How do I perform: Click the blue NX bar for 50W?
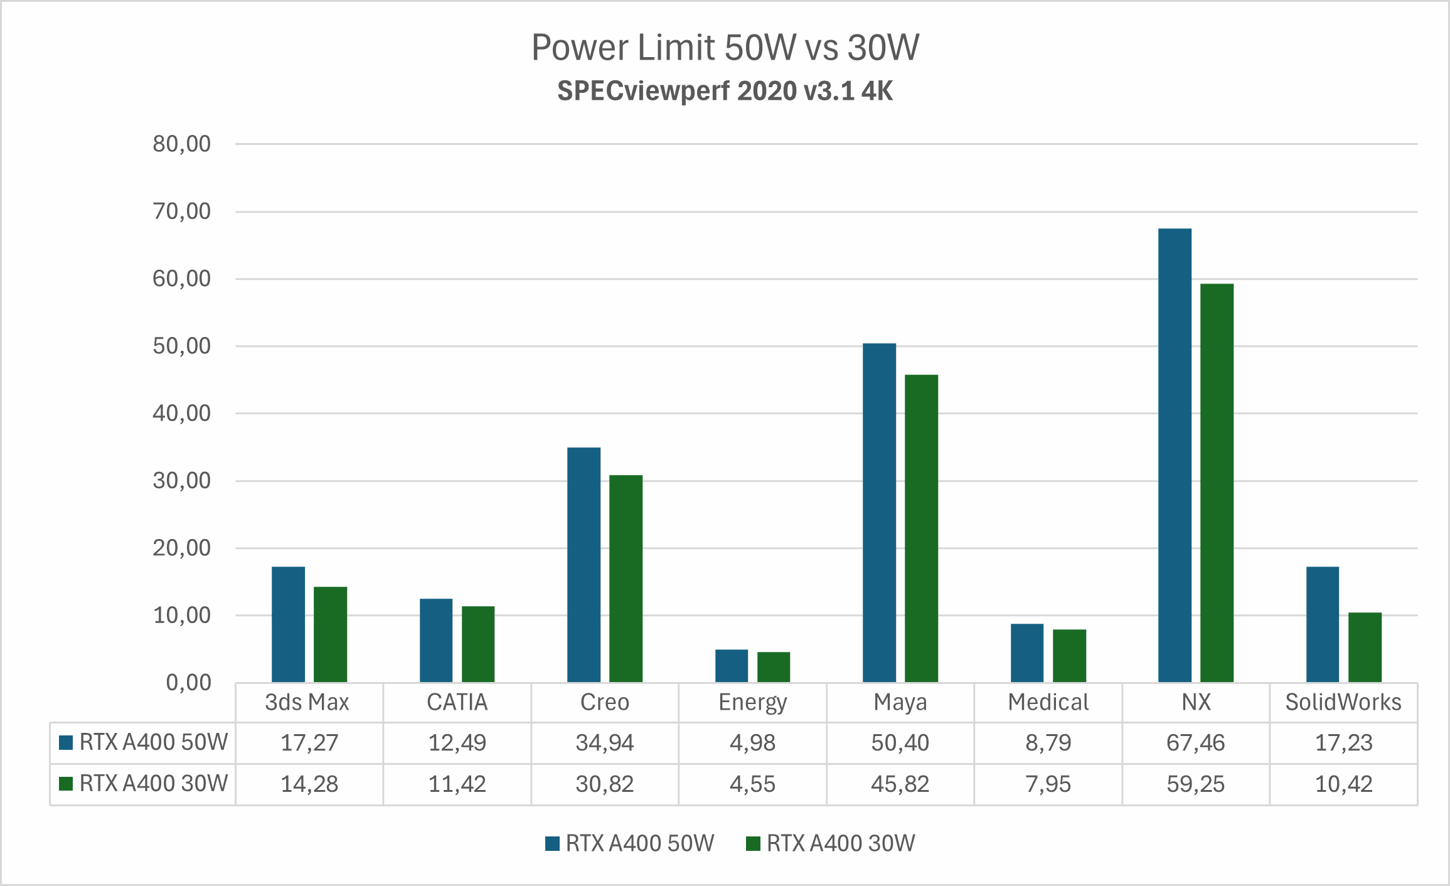coord(1175,455)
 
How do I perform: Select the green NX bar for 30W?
coord(1217,483)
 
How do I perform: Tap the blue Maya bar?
coord(879,512)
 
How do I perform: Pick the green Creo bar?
coord(626,578)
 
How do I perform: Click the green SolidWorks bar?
coord(1365,647)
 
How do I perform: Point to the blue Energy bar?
coord(732,665)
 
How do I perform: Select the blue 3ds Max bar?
coord(288,624)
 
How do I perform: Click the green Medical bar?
coord(1069,655)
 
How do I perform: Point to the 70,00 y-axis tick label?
coord(182,211)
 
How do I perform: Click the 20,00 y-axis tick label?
coord(182,548)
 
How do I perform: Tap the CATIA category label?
coord(457,702)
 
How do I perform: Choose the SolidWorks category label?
coord(1343,702)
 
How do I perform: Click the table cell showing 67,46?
coord(1195,743)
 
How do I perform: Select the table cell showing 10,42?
coord(1343,784)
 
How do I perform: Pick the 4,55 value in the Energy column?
coord(752,784)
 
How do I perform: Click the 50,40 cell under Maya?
coord(900,743)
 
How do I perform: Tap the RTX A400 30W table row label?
coord(152,784)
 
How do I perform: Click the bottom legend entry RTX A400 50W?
coord(639,843)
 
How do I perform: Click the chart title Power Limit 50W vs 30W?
coord(725,48)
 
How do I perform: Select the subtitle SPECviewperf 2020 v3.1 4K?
coord(725,91)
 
